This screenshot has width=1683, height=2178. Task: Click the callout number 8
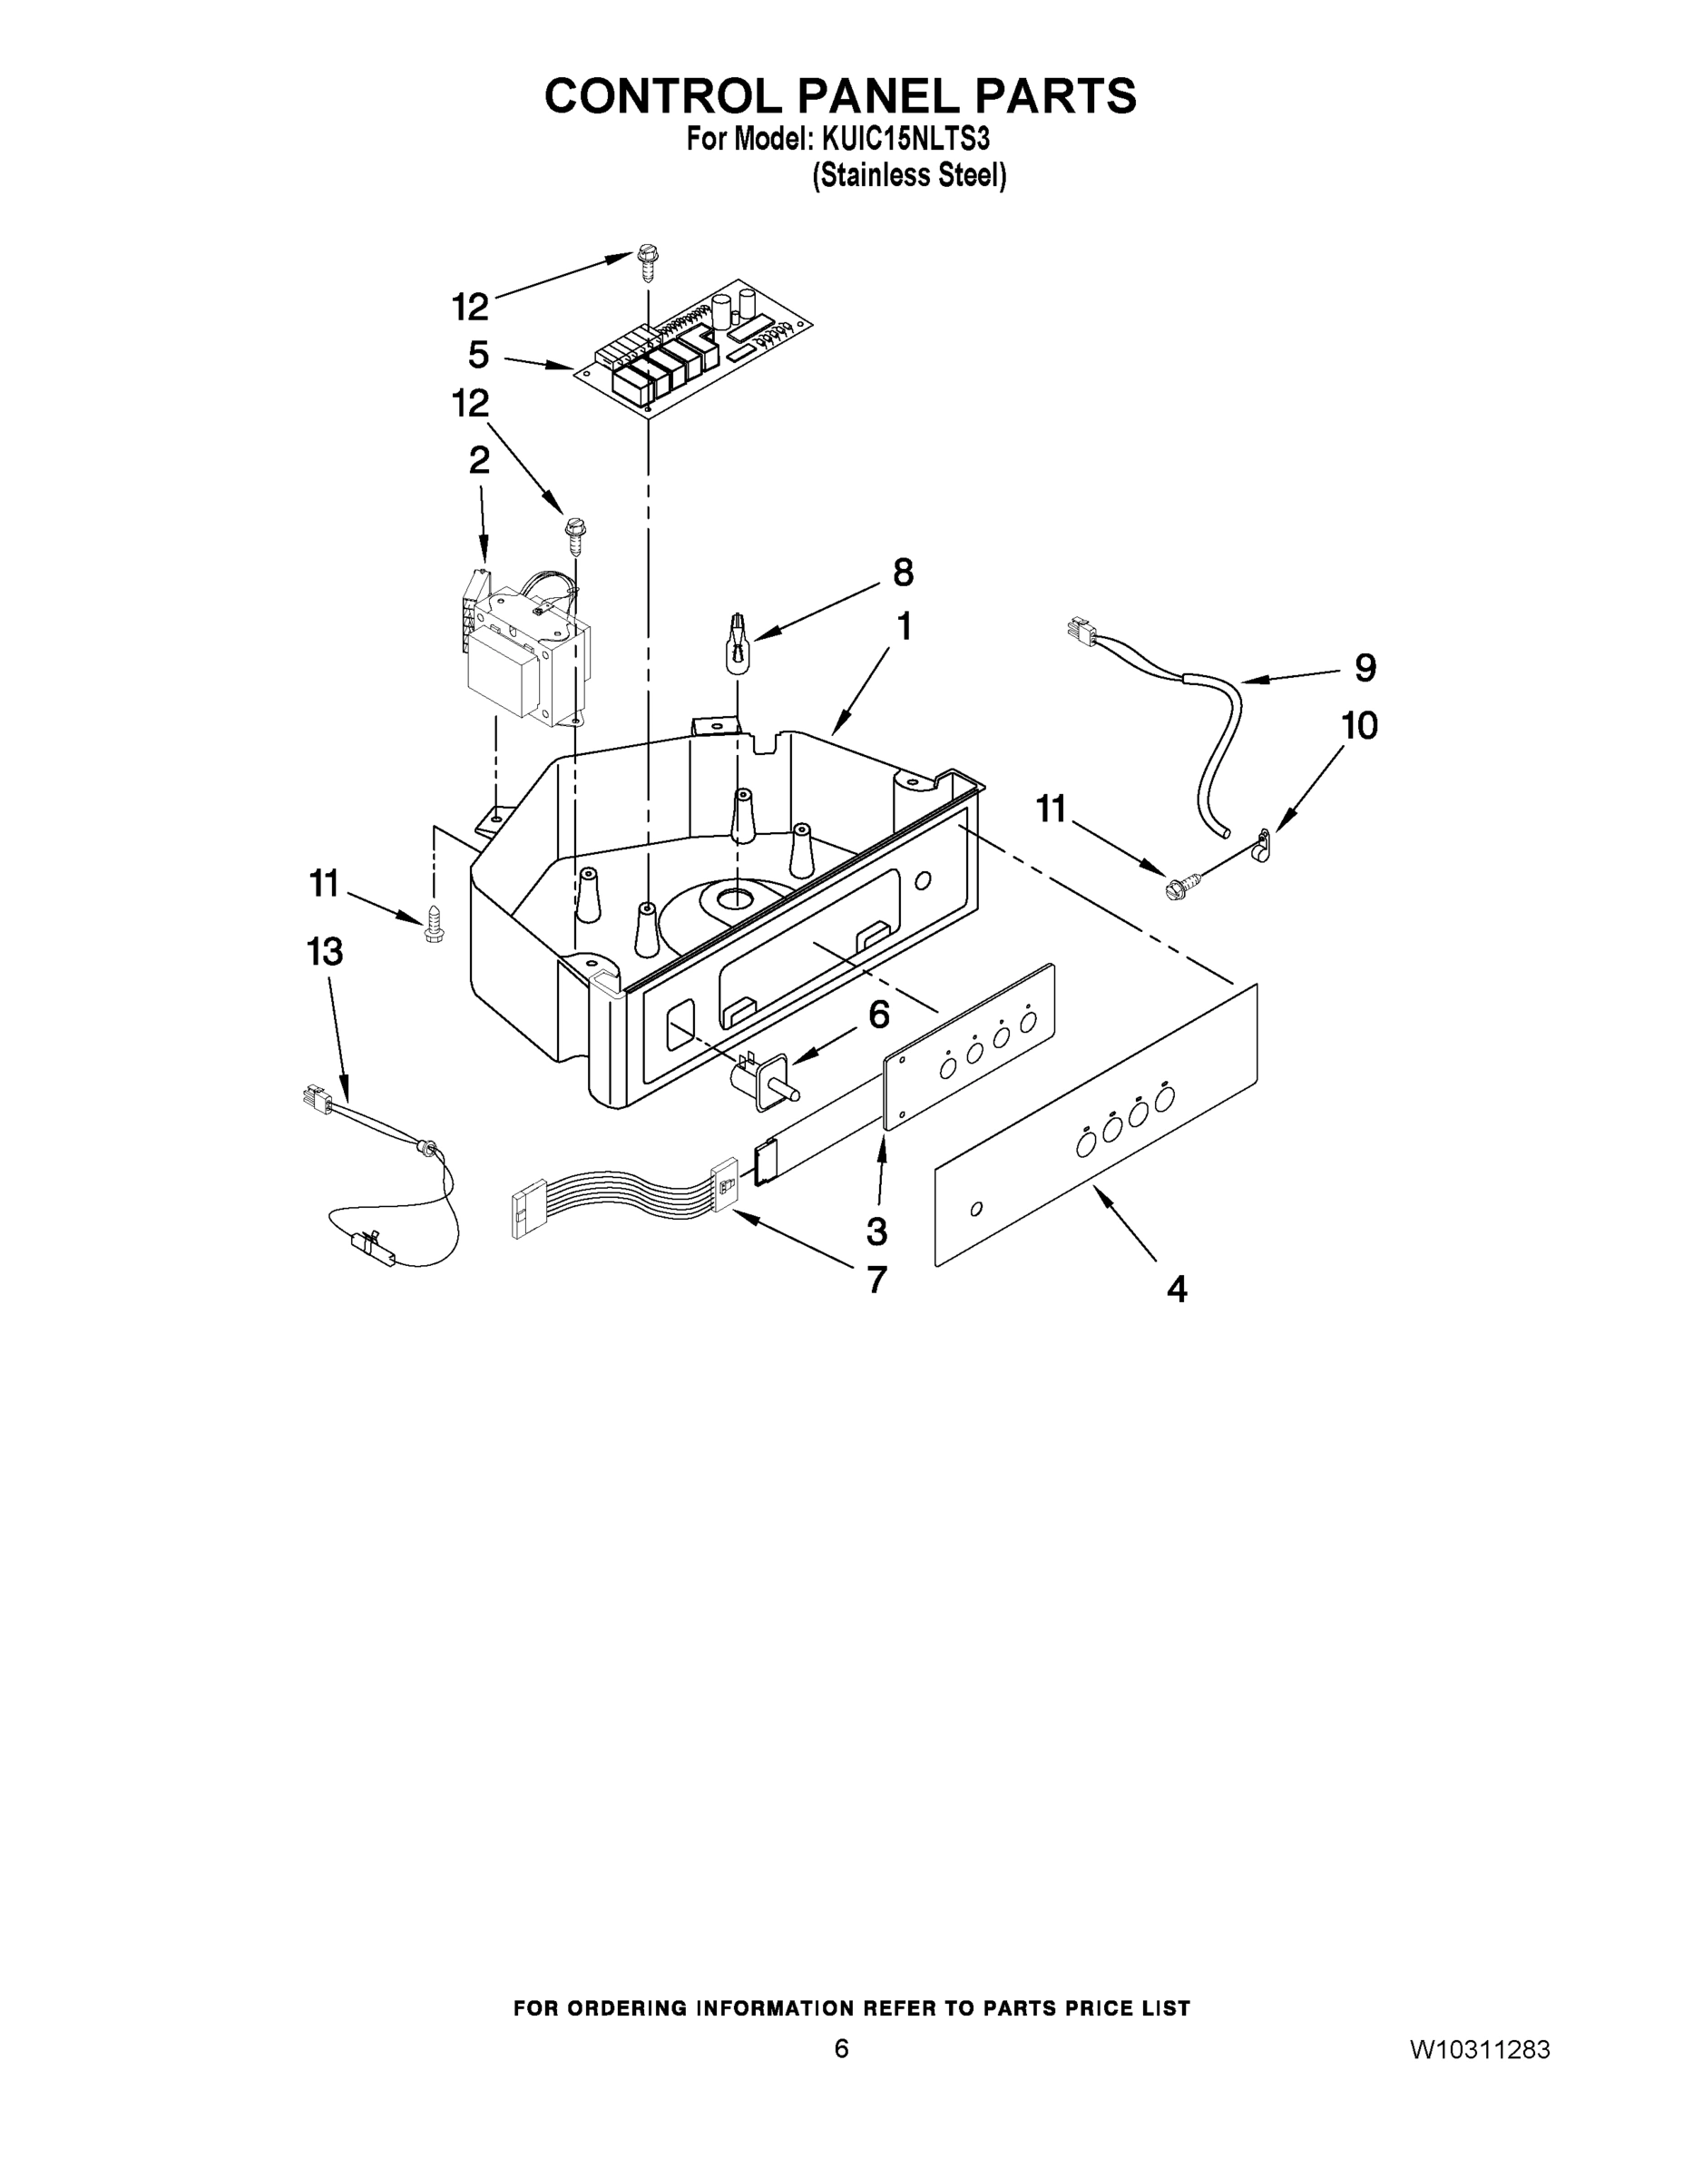tap(903, 573)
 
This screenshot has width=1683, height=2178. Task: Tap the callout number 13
tap(325, 952)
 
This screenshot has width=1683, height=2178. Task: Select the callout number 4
tap(1178, 1290)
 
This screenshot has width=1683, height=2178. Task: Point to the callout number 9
tap(1365, 667)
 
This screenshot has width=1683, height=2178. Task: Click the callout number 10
tap(1360, 725)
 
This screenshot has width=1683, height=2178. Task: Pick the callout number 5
tap(478, 354)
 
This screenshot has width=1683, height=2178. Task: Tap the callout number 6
tap(878, 1015)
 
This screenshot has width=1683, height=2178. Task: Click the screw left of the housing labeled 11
tap(434, 924)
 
